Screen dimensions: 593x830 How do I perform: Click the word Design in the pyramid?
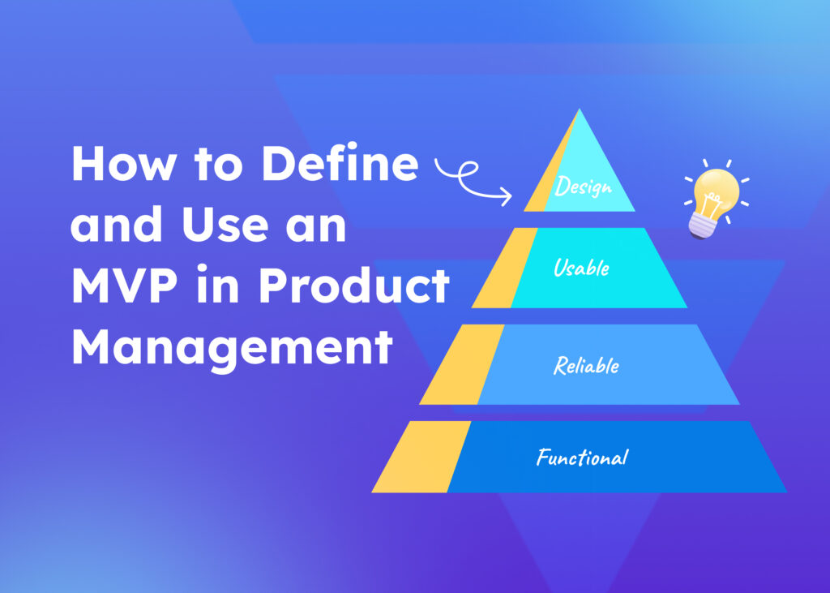582,188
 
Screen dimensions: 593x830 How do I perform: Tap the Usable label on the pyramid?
581,268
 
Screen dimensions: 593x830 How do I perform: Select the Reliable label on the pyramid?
586,365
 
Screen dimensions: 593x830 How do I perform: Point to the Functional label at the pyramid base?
582,458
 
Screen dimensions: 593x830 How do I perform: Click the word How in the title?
119,164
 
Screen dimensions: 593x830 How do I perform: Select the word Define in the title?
340,164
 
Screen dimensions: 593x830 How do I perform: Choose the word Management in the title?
232,347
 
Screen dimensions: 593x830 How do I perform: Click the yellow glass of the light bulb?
716,187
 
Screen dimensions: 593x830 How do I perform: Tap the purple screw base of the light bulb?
700,225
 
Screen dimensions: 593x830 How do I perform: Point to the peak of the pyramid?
579,111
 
